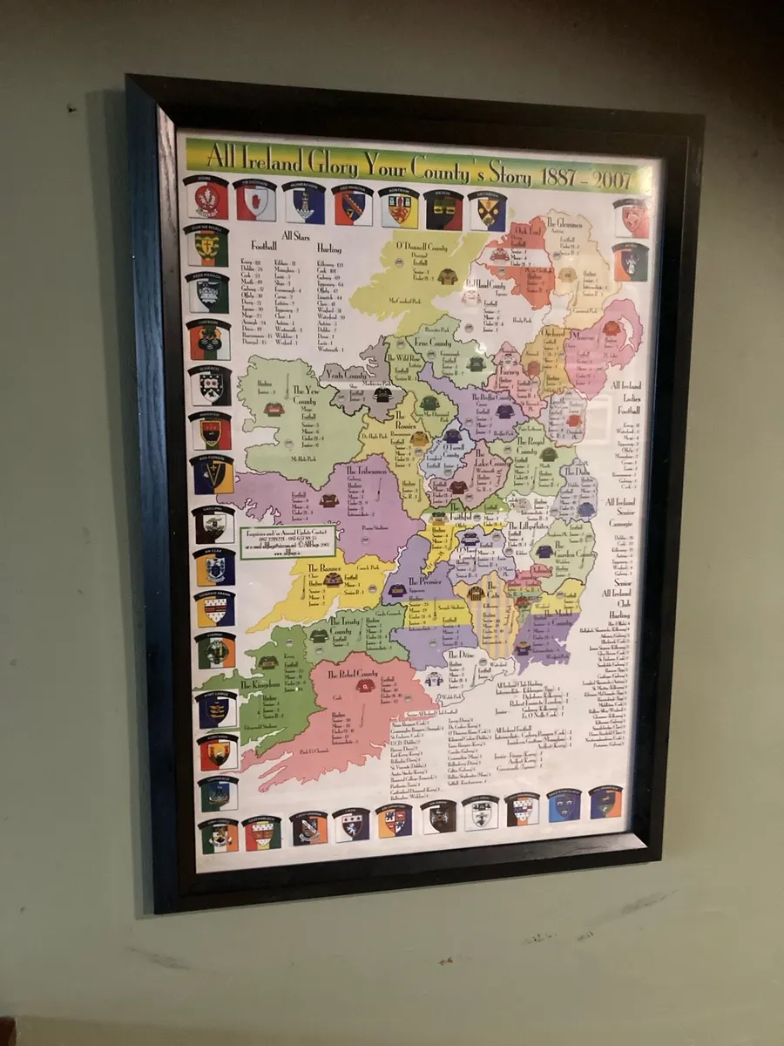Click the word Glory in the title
[333, 162]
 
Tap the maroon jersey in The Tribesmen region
[328, 500]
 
